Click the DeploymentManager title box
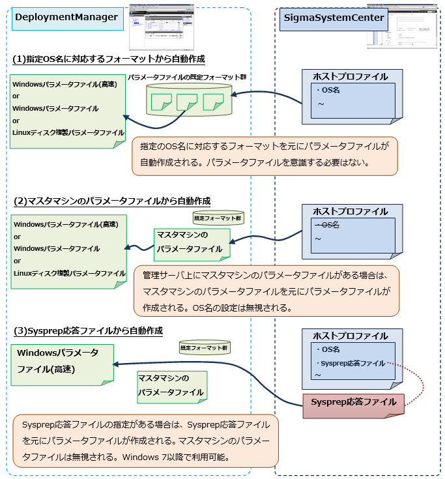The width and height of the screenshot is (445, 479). coord(67,17)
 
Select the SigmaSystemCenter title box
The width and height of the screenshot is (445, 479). coord(332,18)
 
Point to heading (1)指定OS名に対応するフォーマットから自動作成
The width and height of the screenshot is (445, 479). coord(109,59)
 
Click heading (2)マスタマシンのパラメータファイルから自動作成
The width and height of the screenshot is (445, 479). coord(111,201)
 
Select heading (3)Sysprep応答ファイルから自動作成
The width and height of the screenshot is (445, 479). coord(87,331)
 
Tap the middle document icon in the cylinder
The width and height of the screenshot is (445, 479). coord(186,102)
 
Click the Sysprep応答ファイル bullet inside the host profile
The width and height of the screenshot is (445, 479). coord(350,363)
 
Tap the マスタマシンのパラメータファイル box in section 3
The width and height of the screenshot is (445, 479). coord(171,386)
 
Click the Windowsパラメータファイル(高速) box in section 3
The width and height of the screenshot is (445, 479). coord(63,362)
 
